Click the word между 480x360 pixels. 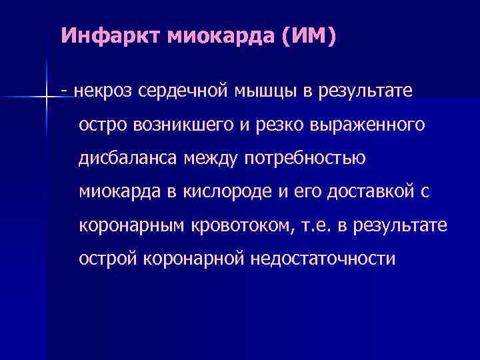coord(212,158)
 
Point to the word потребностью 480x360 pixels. coord(306,158)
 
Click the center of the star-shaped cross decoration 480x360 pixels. coord(47,97)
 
